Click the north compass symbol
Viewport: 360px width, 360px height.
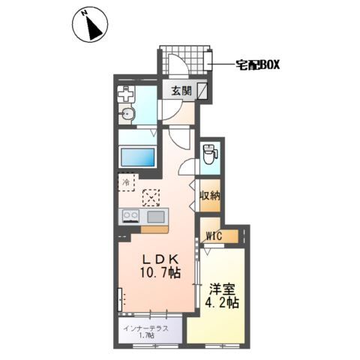point(90,25)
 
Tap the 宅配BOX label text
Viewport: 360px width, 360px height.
point(258,65)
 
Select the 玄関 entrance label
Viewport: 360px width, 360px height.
point(181,91)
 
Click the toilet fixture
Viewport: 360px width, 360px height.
point(210,154)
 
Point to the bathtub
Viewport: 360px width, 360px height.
point(138,157)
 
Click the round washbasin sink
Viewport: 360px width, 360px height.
point(127,115)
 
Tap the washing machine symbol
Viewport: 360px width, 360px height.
point(126,94)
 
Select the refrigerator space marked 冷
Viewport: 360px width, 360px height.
point(127,182)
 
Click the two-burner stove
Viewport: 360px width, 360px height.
point(130,216)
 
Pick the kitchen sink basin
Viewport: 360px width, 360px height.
point(156,217)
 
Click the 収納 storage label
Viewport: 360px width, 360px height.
point(210,196)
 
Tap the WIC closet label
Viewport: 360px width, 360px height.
point(214,235)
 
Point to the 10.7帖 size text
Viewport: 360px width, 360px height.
point(160,272)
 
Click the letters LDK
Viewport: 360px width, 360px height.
point(160,259)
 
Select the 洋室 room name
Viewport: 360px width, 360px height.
point(222,289)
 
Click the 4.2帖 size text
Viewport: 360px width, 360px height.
point(222,303)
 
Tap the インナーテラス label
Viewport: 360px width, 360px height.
point(146,328)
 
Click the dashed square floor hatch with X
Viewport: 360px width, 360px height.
point(151,197)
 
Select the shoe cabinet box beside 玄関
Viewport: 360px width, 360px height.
point(202,91)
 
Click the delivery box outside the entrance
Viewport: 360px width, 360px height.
point(208,61)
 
